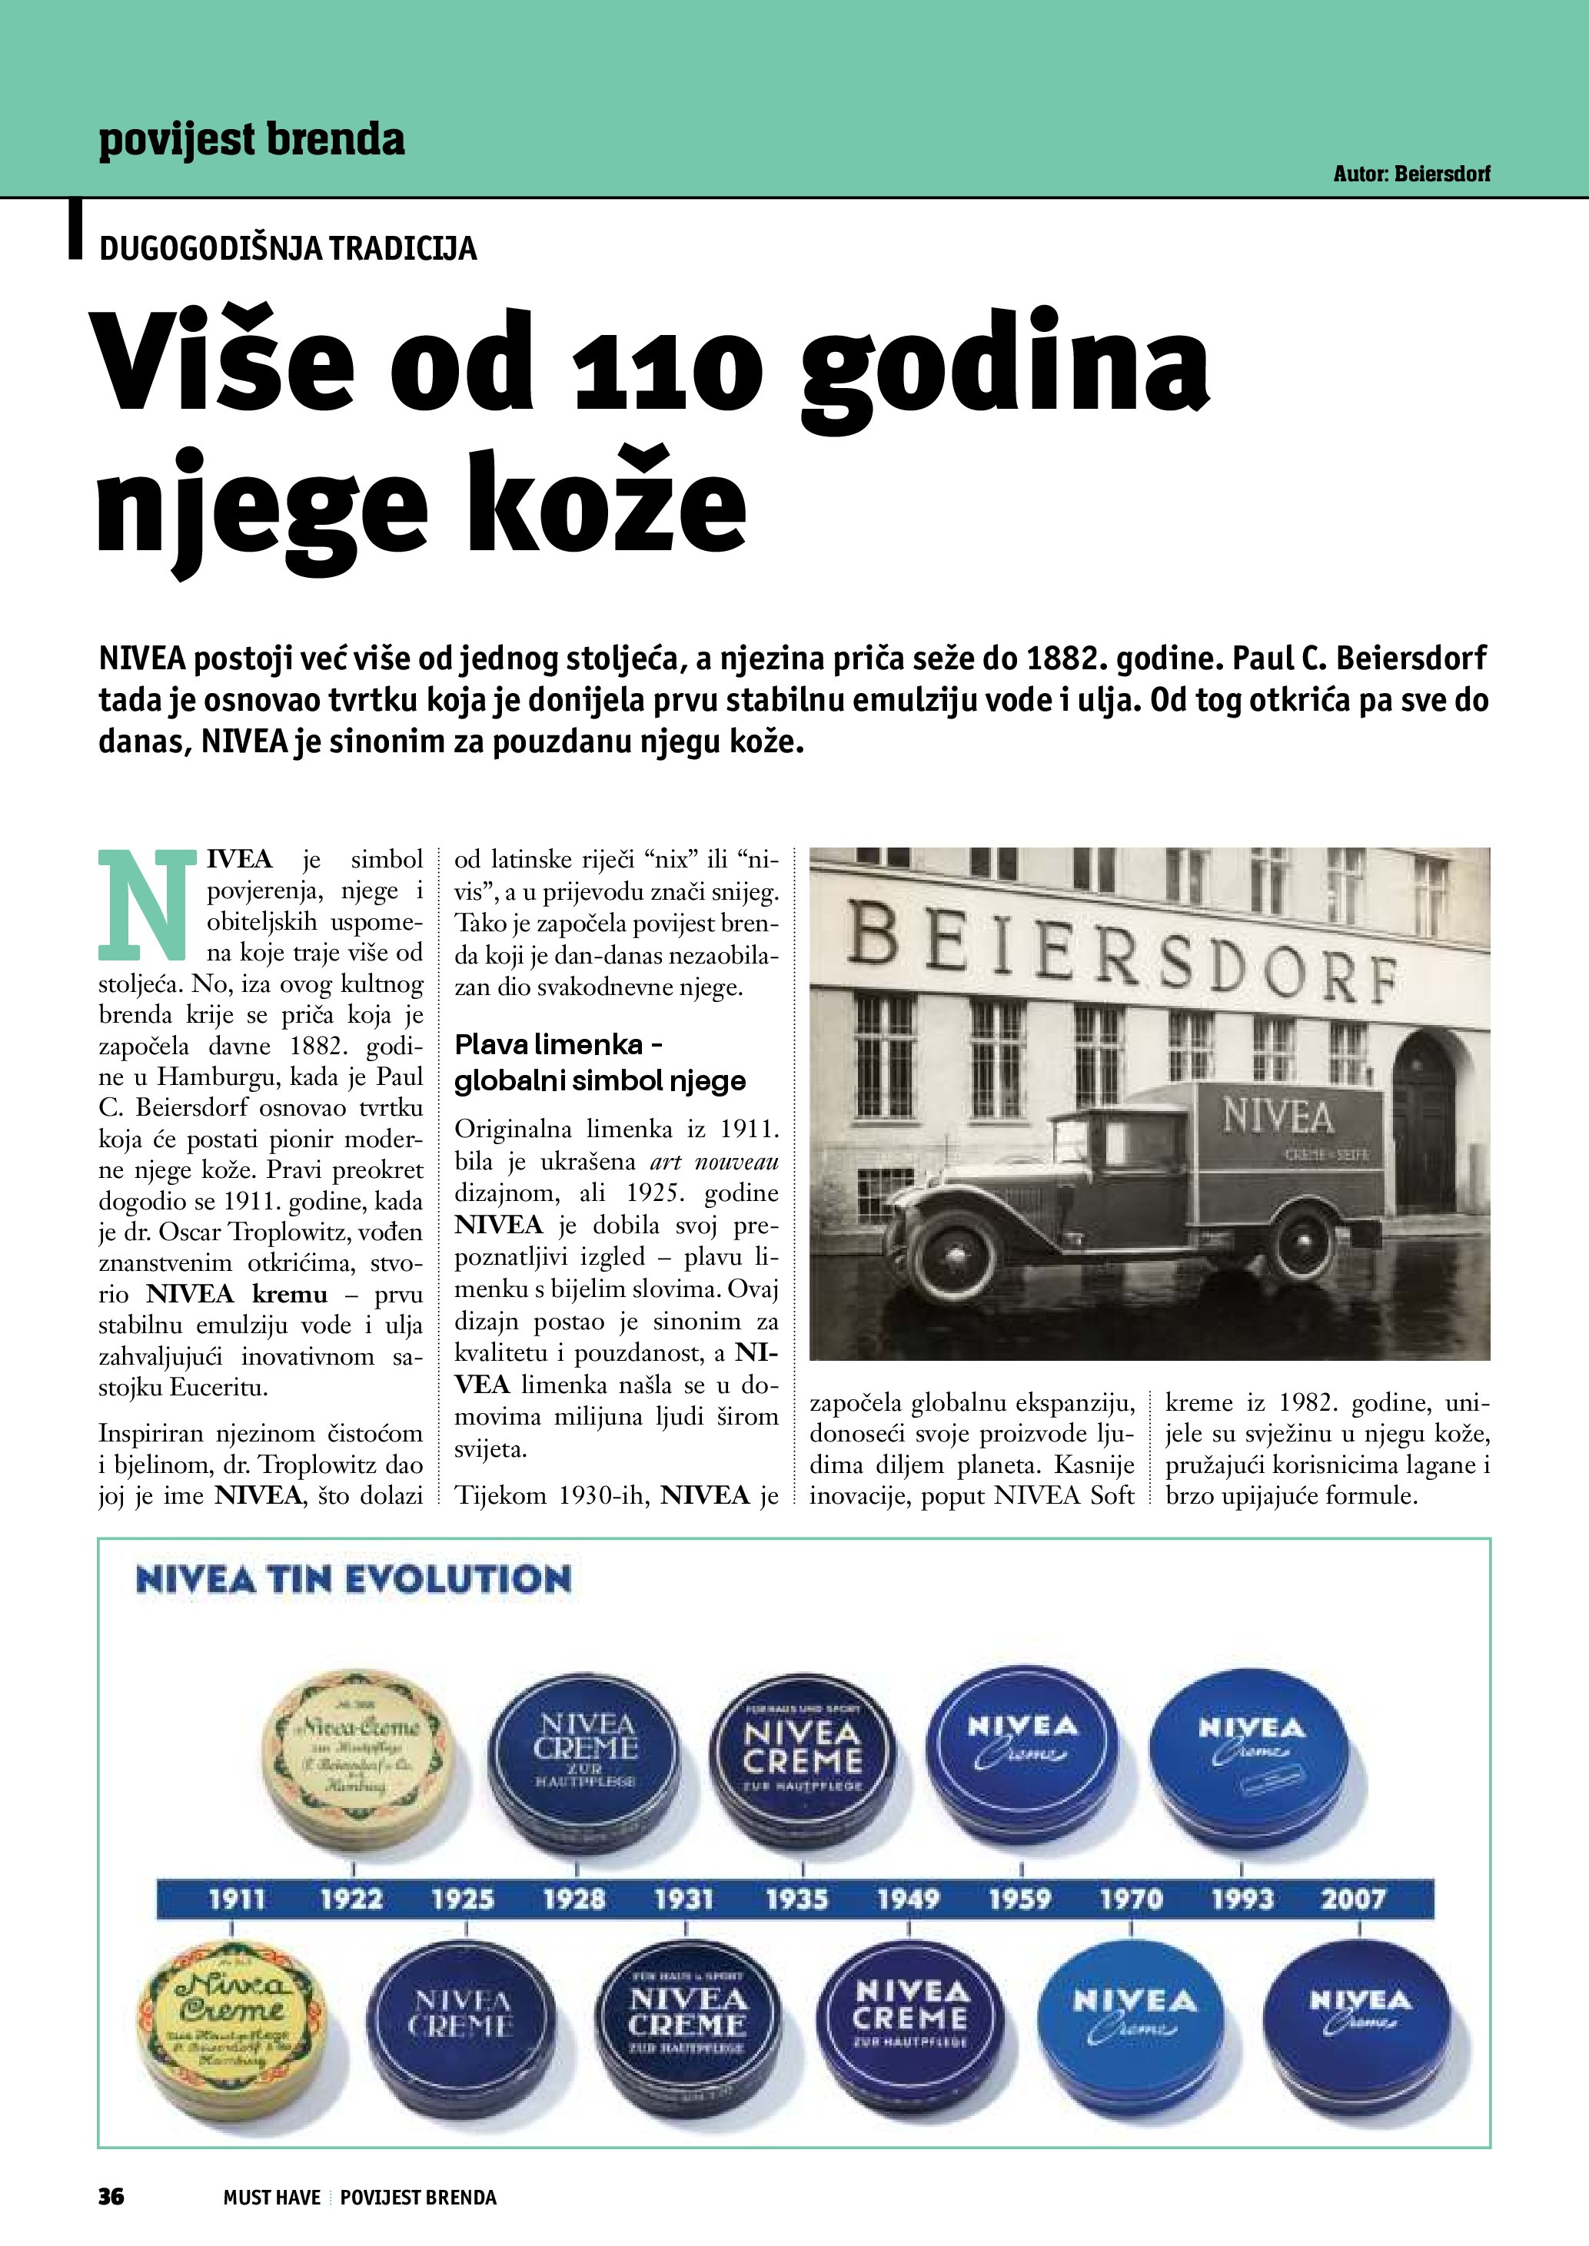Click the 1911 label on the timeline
click(x=237, y=1899)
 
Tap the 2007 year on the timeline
click(x=1353, y=1899)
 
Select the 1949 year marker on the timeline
click(x=908, y=1899)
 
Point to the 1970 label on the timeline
click(x=1131, y=1899)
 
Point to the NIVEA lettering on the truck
click(x=1277, y=1116)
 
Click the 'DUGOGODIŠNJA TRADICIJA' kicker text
click(x=288, y=248)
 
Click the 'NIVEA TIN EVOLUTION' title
click(x=353, y=1580)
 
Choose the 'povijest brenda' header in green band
click(x=251, y=140)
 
